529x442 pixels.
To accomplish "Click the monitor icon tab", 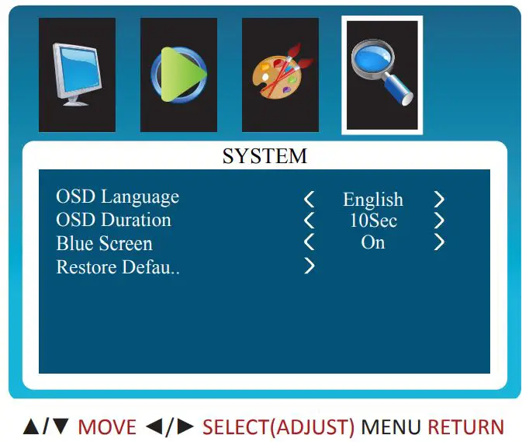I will pos(77,75).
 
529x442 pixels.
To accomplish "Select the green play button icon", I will pos(178,75).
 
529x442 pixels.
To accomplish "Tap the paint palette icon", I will pos(280,75).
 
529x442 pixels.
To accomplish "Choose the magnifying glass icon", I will pos(382,75).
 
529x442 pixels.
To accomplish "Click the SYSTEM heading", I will pos(264,156).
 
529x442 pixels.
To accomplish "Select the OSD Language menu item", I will pos(117,197).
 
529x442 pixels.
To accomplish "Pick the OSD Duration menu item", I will pos(113,220).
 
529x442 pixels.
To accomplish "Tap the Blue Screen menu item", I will pos(104,243).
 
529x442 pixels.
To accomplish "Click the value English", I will pos(373,200).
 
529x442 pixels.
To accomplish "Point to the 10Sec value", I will pos(373,221).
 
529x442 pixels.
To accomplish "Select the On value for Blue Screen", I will pos(373,242).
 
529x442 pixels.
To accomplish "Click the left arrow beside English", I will pos(309,200).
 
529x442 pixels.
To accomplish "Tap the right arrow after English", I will pos(439,200).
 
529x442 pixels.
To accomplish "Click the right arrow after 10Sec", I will pos(439,221).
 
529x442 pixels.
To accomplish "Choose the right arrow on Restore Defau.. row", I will pos(309,266).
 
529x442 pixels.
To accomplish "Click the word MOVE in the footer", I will pos(107,426).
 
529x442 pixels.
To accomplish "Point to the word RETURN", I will pos(465,426).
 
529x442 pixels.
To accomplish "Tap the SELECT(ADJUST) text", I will pos(278,426).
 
